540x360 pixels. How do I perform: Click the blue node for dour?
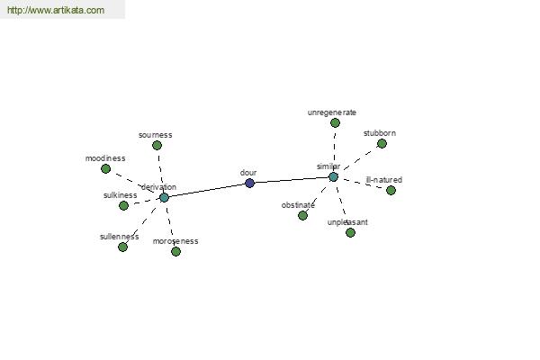[249, 183]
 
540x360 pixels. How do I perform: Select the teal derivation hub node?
[165, 198]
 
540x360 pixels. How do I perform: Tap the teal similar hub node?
[333, 177]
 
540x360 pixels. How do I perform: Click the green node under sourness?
[157, 146]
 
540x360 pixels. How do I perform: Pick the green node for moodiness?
[105, 169]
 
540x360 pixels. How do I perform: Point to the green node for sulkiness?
[123, 206]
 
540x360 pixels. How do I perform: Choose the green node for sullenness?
[122, 247]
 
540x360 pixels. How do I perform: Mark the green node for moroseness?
[175, 251]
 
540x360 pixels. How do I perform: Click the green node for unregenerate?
[335, 122]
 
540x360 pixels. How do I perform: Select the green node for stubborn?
[382, 144]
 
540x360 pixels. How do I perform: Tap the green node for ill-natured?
[391, 190]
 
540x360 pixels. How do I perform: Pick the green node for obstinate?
[302, 216]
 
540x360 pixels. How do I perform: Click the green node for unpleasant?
[350, 233]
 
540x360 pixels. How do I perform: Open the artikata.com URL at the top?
[56, 10]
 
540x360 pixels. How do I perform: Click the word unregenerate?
[331, 112]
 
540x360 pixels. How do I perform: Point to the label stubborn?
[380, 133]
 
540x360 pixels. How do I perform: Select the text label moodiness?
[105, 158]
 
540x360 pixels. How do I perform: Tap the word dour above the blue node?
[248, 173]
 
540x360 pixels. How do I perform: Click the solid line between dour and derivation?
[207, 191]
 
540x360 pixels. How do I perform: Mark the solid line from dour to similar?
[292, 180]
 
